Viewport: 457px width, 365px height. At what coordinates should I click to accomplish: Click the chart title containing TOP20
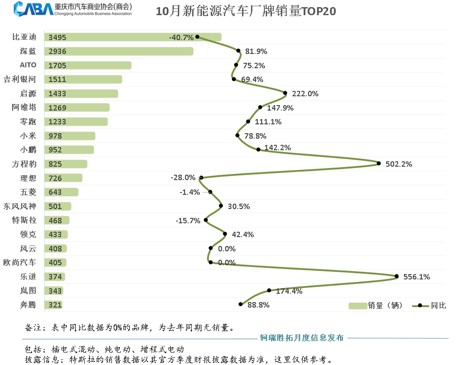point(246,12)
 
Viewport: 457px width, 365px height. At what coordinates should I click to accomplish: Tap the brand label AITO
point(28,65)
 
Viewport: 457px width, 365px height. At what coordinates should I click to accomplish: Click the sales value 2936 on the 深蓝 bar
point(58,52)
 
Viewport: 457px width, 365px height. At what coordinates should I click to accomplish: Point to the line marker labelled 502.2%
point(379,164)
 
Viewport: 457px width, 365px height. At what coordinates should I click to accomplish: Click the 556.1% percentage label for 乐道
point(416,277)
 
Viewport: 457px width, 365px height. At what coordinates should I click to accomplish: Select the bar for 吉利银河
point(83,79)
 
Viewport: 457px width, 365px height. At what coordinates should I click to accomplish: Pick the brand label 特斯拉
point(25,220)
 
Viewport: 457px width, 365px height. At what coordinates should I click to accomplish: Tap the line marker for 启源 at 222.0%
point(285,93)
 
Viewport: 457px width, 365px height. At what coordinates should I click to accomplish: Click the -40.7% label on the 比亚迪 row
point(181,37)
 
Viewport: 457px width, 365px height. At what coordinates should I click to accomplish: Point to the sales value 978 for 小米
point(56,136)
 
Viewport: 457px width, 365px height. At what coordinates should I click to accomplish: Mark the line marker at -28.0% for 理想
point(201,177)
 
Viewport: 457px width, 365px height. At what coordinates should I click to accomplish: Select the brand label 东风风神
point(20,206)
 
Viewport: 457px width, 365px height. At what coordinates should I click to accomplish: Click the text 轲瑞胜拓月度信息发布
point(302,338)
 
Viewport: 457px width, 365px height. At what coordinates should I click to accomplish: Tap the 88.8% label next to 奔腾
point(259,305)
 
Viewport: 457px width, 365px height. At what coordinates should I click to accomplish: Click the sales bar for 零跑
point(76,122)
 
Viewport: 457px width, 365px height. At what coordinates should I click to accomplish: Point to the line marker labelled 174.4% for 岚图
point(269,290)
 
